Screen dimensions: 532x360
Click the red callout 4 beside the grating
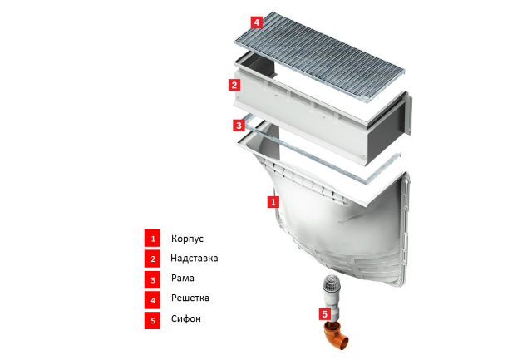pyautogui.click(x=257, y=22)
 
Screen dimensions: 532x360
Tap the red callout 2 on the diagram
pyautogui.click(x=234, y=85)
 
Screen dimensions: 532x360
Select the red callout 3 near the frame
pyautogui.click(x=239, y=126)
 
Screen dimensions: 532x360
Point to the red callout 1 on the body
pyautogui.click(x=273, y=202)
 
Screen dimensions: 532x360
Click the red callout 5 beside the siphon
pyautogui.click(x=325, y=313)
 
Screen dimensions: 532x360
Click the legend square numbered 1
pyautogui.click(x=152, y=238)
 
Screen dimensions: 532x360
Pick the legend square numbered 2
pyautogui.click(x=152, y=259)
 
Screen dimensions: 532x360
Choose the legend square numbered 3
pyautogui.click(x=152, y=279)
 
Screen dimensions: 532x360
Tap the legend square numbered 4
pyautogui.click(x=152, y=300)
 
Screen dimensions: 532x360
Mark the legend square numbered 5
pyautogui.click(x=152, y=320)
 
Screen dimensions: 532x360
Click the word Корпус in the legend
pyautogui.click(x=187, y=239)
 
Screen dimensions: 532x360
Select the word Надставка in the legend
pyautogui.click(x=194, y=259)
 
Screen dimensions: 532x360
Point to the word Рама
pyautogui.click(x=183, y=279)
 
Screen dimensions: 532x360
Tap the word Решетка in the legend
pyautogui.click(x=190, y=298)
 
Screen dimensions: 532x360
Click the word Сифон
pyautogui.click(x=186, y=318)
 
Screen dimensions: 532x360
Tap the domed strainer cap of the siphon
pyautogui.click(x=331, y=282)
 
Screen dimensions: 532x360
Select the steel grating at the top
pyautogui.click(x=319, y=56)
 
